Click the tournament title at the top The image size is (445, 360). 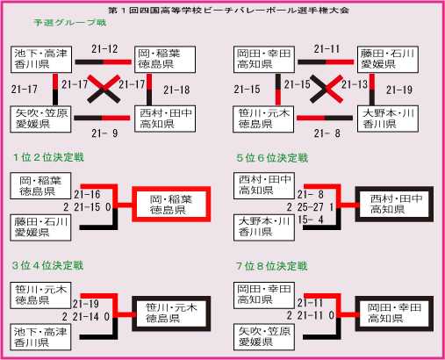point(228,11)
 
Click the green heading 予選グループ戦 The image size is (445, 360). point(70,23)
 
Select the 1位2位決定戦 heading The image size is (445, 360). point(48,157)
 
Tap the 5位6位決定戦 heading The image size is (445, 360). point(272,158)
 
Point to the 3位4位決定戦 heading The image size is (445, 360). point(48,265)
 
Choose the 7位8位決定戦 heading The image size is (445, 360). point(272,266)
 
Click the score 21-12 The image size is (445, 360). point(104,49)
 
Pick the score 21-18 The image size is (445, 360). point(176,90)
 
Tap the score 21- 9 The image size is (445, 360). point(104,133)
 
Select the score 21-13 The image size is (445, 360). point(355,84)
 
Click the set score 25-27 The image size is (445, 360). point(310,207)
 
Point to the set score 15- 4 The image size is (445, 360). point(310,220)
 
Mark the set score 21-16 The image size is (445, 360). point(87,194)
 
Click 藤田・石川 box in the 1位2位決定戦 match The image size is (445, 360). point(40,227)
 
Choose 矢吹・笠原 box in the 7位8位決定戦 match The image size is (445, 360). point(264,337)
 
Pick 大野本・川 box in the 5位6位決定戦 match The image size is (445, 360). point(264,227)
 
